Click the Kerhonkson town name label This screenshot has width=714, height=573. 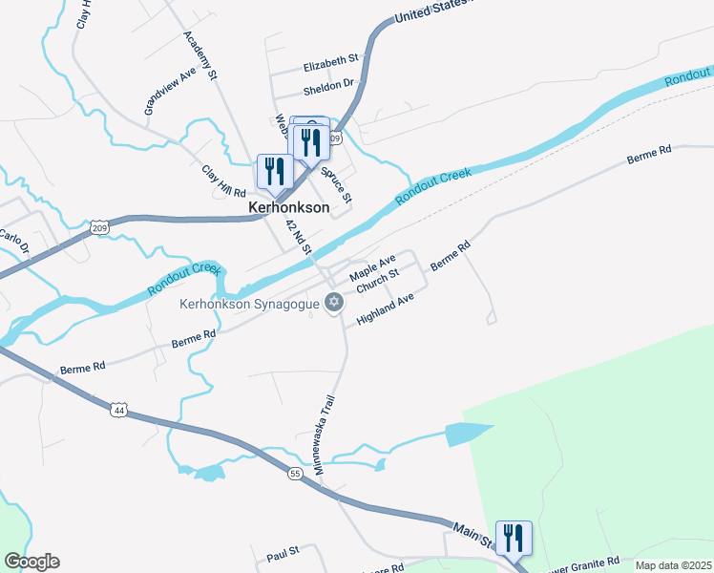[x=288, y=206]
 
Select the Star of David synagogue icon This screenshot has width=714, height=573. [x=333, y=303]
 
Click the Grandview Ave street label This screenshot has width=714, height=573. [x=170, y=91]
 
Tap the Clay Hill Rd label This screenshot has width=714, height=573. [x=224, y=180]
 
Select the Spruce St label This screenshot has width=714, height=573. [x=336, y=184]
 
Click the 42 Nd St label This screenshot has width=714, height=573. [x=300, y=235]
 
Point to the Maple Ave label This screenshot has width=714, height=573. [x=372, y=268]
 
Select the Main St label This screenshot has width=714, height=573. [x=472, y=534]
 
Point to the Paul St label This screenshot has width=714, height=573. [x=283, y=551]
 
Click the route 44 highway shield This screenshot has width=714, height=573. [x=118, y=409]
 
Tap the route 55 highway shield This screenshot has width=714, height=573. [x=295, y=473]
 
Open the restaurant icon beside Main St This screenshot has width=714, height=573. [x=514, y=537]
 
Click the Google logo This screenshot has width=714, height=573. [x=31, y=562]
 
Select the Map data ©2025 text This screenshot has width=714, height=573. [x=672, y=565]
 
